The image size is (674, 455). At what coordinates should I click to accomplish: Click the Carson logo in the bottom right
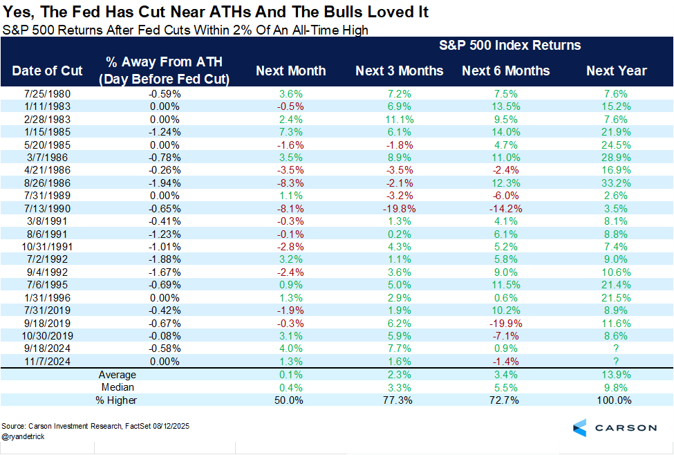click(x=615, y=427)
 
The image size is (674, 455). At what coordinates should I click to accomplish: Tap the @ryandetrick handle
click(x=24, y=436)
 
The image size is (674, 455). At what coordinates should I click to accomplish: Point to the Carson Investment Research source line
click(x=95, y=426)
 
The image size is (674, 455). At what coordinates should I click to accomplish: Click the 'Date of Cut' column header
click(x=47, y=71)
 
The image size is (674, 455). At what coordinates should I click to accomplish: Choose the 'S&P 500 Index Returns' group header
click(x=510, y=46)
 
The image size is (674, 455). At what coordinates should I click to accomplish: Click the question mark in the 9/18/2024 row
click(x=616, y=349)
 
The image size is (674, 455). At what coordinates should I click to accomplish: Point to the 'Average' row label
click(x=117, y=374)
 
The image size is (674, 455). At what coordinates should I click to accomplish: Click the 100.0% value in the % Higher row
click(x=616, y=400)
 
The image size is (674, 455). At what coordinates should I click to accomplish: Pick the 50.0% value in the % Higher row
click(x=291, y=400)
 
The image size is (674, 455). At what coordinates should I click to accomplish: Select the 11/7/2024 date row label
click(x=48, y=361)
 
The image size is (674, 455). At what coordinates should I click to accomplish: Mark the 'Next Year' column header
click(x=616, y=71)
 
